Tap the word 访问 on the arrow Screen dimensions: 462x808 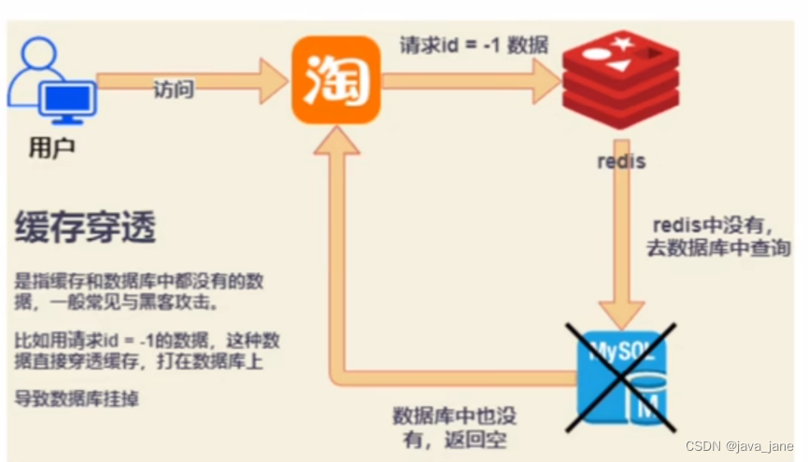174,90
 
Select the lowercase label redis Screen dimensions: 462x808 621,161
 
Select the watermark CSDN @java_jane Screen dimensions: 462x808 739,446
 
